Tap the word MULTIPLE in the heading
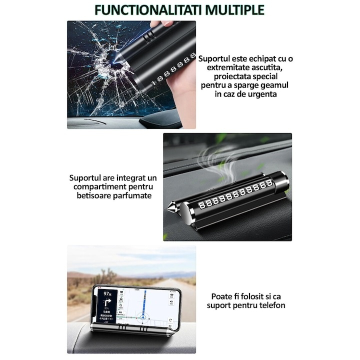pyautogui.click(x=233, y=10)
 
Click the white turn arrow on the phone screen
pyautogui.click(x=107, y=302)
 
